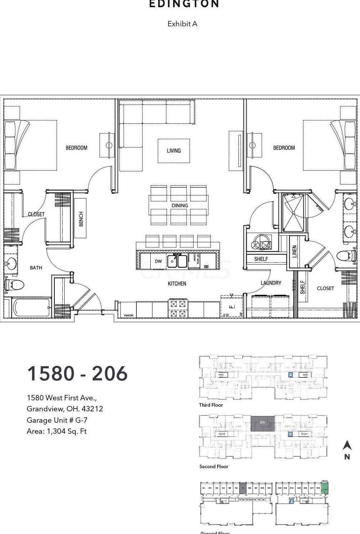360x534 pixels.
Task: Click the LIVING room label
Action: [x=174, y=151]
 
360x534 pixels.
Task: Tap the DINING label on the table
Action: [x=179, y=205]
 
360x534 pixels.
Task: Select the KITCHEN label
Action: [x=177, y=283]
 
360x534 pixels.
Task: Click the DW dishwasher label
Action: [x=158, y=261]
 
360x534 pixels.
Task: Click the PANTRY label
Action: [x=129, y=315]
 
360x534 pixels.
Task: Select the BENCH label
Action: [x=81, y=219]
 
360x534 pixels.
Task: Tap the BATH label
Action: [x=36, y=268]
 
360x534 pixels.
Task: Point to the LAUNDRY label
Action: [x=271, y=283]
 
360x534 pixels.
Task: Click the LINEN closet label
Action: [x=294, y=251]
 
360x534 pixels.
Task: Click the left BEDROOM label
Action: [x=76, y=148]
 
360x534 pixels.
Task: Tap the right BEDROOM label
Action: [x=284, y=148]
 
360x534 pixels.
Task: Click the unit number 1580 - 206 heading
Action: [x=77, y=373]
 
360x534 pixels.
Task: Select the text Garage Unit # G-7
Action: [x=57, y=420]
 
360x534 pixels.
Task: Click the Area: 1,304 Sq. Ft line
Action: [x=57, y=431]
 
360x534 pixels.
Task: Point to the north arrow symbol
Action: [x=347, y=445]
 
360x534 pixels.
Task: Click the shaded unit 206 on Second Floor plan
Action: [x=263, y=423]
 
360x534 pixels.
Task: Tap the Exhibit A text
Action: [x=182, y=24]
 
